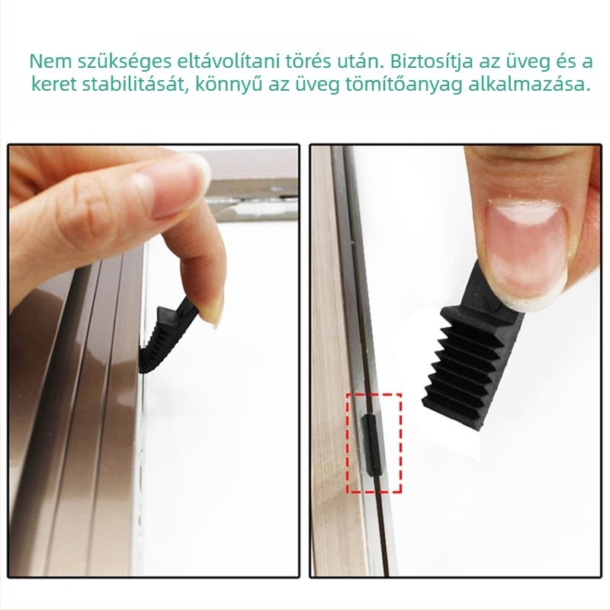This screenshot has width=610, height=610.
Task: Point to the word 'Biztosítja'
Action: [432, 63]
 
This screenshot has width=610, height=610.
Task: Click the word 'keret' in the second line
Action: [54, 85]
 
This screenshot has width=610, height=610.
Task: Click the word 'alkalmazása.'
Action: [529, 85]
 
